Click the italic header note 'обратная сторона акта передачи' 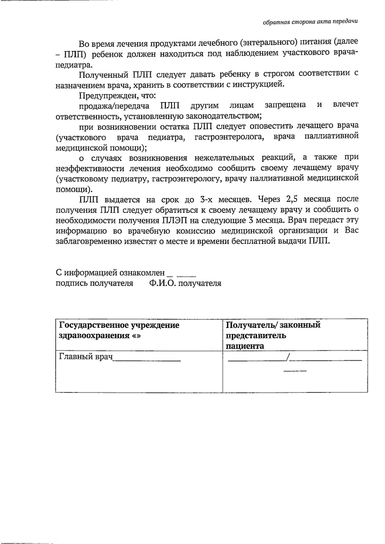[x=310, y=22]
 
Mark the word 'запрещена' [x=285, y=105]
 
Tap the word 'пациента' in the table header [x=245, y=346]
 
